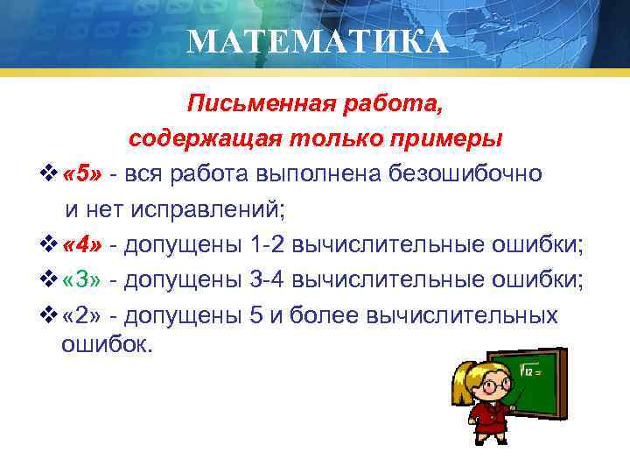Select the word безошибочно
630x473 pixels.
469,173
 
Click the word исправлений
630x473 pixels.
206,208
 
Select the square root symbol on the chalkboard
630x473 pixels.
526,372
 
